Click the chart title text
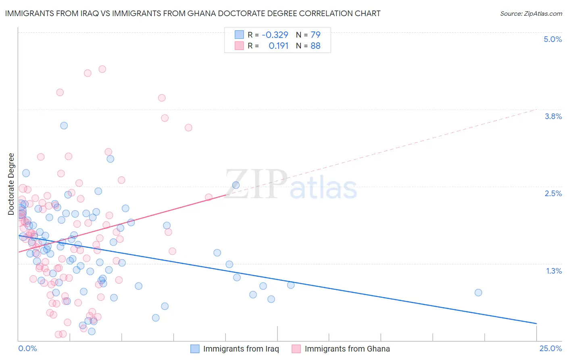coord(193,14)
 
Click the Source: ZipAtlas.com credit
coord(531,14)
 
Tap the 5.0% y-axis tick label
coord(552,39)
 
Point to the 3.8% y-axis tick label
coord(553,116)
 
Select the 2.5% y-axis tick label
coord(553,193)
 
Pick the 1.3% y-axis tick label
coord(554,271)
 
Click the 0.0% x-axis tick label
coord(27,348)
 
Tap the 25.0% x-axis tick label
coord(550,348)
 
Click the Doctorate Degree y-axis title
coord(11,184)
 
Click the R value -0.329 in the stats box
coord(275,35)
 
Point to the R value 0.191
coord(278,46)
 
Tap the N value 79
coord(315,35)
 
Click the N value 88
coord(315,46)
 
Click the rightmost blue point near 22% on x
coord(478,293)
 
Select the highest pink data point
coord(102,69)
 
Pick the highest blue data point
coord(64,126)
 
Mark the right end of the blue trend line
coord(536,323)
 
